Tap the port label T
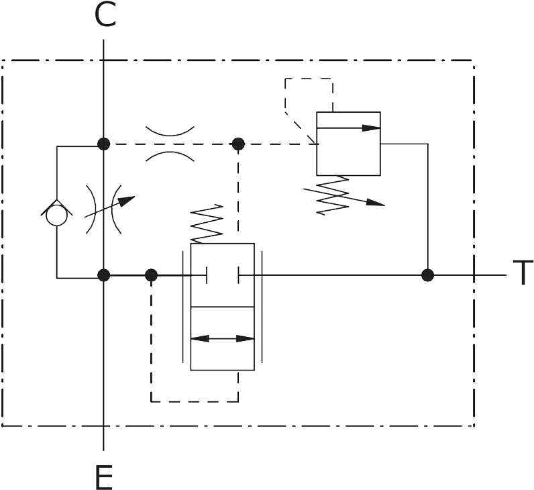coord(521,275)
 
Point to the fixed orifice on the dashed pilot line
coord(170,144)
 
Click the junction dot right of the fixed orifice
coord(237,144)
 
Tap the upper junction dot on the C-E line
coord(103,144)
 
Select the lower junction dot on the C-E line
coord(103,275)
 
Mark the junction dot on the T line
coord(427,275)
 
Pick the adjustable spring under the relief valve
coord(329,195)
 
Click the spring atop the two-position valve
coord(207,224)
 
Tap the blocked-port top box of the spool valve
coord(223,275)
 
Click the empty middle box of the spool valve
coord(223,307)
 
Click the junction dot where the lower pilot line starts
coord(151,275)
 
